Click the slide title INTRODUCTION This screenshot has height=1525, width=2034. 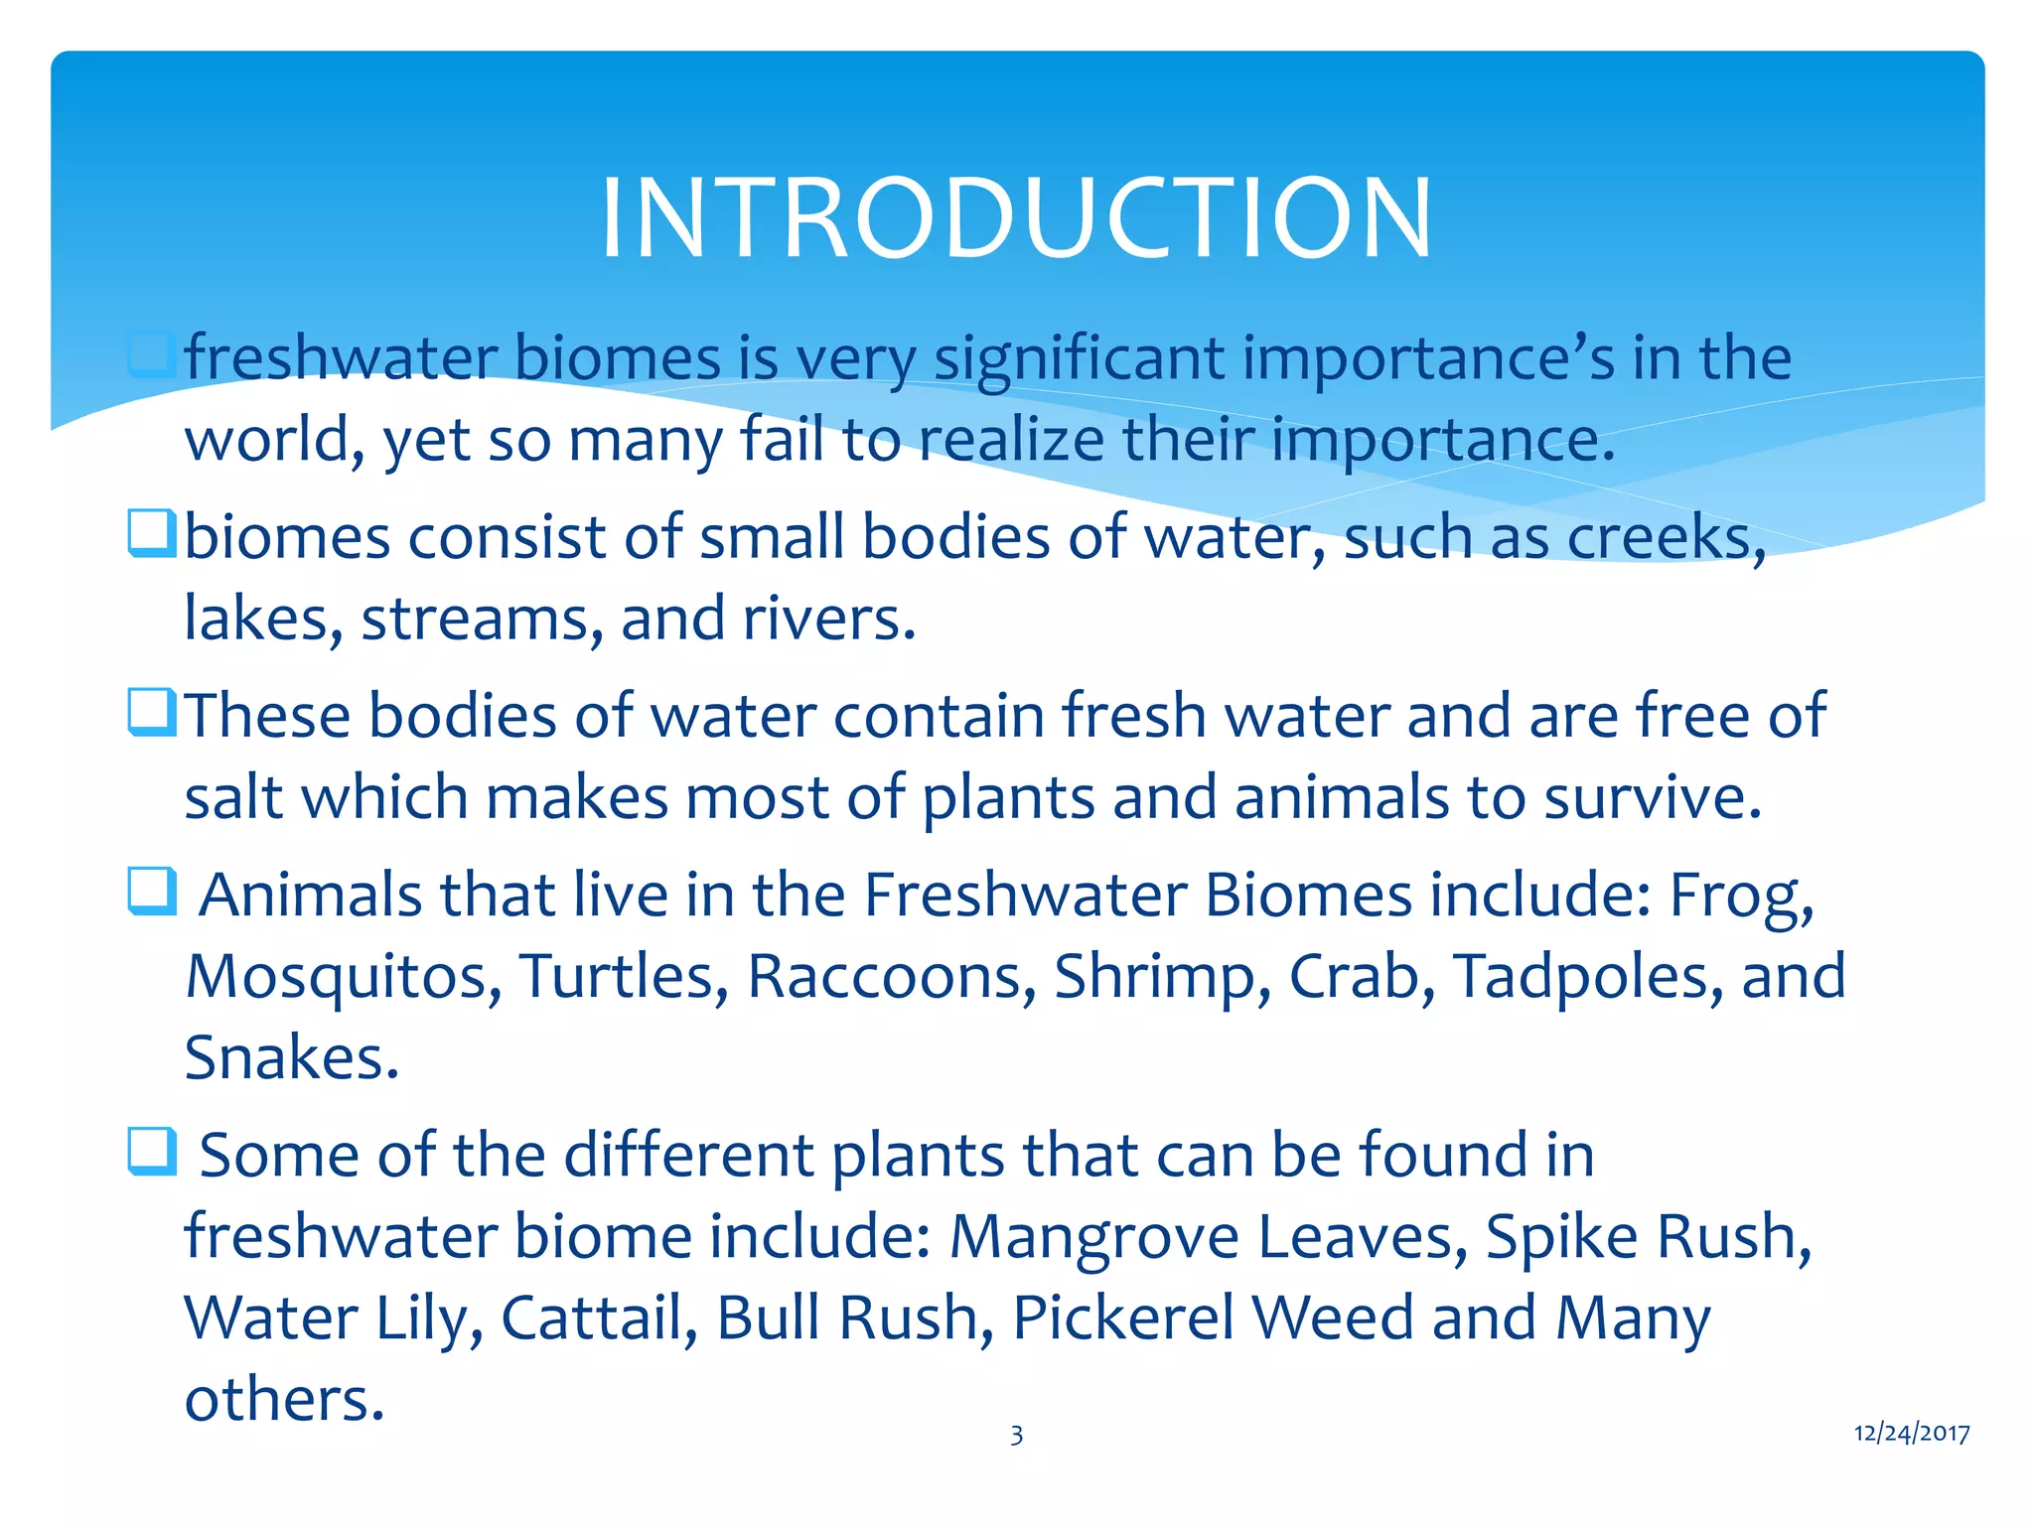click(1016, 218)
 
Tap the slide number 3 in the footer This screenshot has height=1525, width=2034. click(1016, 1435)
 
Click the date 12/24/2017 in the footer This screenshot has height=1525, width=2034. click(1912, 1433)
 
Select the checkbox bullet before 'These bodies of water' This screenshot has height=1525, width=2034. click(152, 713)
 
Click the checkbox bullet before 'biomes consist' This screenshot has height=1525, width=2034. click(152, 533)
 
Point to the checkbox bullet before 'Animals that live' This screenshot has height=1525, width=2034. click(152, 892)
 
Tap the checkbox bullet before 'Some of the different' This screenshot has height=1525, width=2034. click(152, 1152)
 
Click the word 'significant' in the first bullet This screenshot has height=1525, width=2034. click(1079, 358)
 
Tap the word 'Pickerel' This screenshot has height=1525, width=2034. click(1121, 1318)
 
